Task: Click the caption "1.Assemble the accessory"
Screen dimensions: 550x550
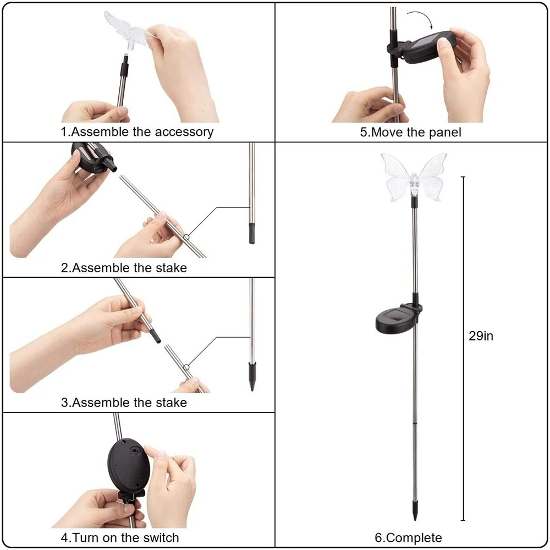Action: [136, 132]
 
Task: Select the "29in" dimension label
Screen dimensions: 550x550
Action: [481, 336]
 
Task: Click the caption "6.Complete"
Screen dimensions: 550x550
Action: [408, 537]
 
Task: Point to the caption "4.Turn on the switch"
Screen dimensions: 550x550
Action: [119, 537]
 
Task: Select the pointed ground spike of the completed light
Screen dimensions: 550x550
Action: [414, 511]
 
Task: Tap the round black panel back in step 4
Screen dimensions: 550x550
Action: [128, 465]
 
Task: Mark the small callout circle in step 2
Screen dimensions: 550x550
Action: [188, 237]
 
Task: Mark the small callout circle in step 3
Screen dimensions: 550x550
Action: [187, 367]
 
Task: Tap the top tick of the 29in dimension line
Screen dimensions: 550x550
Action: [463, 177]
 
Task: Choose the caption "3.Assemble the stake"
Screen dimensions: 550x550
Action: [124, 403]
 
